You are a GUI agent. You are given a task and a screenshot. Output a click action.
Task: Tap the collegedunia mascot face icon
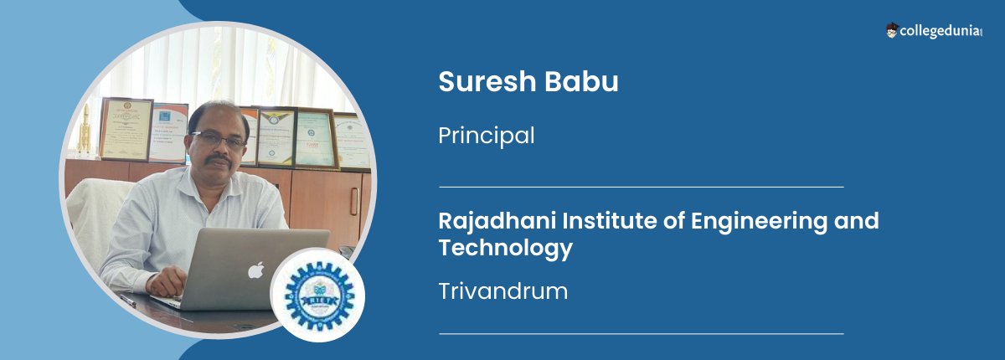(x=892, y=30)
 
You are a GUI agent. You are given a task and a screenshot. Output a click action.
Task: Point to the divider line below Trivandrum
(x=641, y=333)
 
